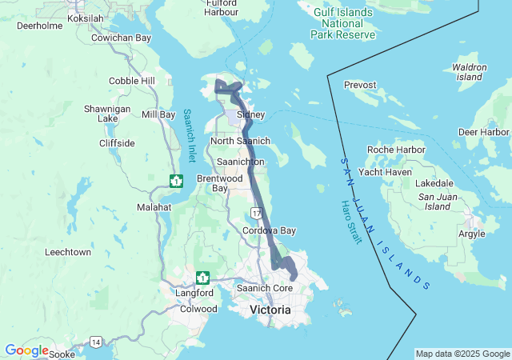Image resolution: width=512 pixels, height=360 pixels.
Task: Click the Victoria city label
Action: (x=270, y=309)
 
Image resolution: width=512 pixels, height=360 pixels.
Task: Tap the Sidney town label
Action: (x=250, y=114)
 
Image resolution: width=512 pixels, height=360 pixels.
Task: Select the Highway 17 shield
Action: (x=255, y=213)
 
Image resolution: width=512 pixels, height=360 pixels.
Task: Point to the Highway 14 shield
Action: (x=96, y=342)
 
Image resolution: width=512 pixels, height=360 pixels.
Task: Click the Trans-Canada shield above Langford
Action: (x=203, y=278)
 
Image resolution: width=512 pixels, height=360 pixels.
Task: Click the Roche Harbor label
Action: (x=396, y=150)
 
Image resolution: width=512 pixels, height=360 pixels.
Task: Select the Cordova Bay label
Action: (x=270, y=230)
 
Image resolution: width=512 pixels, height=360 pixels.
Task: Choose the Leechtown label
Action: (x=68, y=252)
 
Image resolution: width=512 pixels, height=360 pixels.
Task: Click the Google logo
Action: (x=26, y=350)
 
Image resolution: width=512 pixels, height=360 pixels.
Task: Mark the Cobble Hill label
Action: (x=132, y=81)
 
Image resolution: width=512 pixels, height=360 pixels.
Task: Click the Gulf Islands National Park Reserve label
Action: (x=344, y=23)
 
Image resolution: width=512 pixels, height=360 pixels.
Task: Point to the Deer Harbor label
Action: (x=484, y=131)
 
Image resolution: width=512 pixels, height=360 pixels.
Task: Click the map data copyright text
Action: (x=462, y=354)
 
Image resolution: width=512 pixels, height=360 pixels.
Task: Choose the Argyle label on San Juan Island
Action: (x=470, y=234)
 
